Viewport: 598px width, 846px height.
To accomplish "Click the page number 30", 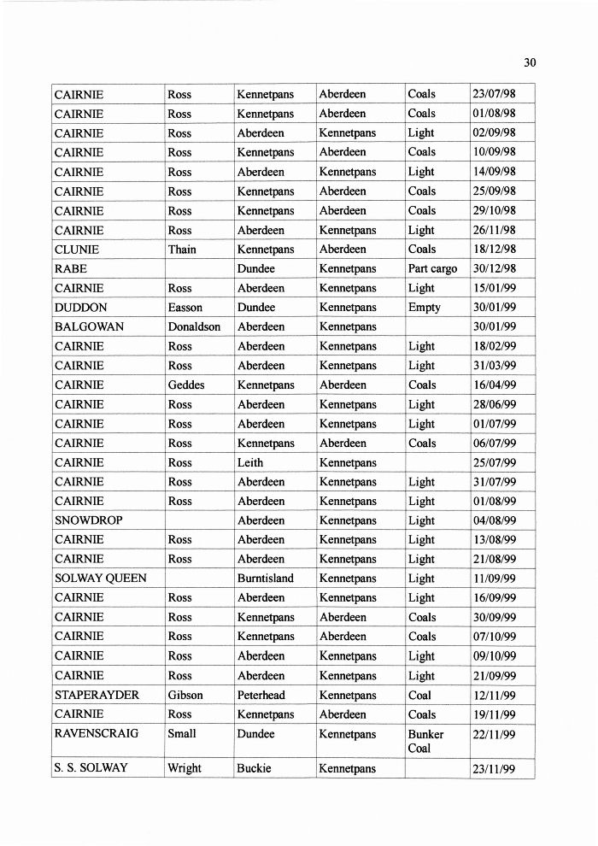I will point(530,62).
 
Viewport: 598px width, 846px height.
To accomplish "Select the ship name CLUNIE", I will point(77,250).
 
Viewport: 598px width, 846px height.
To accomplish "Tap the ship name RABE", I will point(70,268).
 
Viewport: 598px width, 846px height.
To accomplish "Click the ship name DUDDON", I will point(79,308).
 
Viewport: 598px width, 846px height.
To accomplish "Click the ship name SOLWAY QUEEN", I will point(100,579).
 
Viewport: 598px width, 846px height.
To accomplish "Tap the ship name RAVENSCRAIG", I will point(96,734).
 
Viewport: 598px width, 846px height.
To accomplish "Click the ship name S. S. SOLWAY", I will point(91,768).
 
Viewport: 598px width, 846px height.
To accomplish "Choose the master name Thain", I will point(182,250).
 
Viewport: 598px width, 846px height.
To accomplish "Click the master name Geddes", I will point(186,385).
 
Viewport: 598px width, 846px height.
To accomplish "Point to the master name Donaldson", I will point(194,326).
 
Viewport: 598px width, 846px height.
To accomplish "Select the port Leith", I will point(250,462).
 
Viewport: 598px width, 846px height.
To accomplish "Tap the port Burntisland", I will point(265,579).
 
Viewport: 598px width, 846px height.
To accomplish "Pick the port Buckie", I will point(254,768).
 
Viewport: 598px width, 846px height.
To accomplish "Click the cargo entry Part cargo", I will point(432,268).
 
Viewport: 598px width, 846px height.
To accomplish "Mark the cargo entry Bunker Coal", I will point(425,741).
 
